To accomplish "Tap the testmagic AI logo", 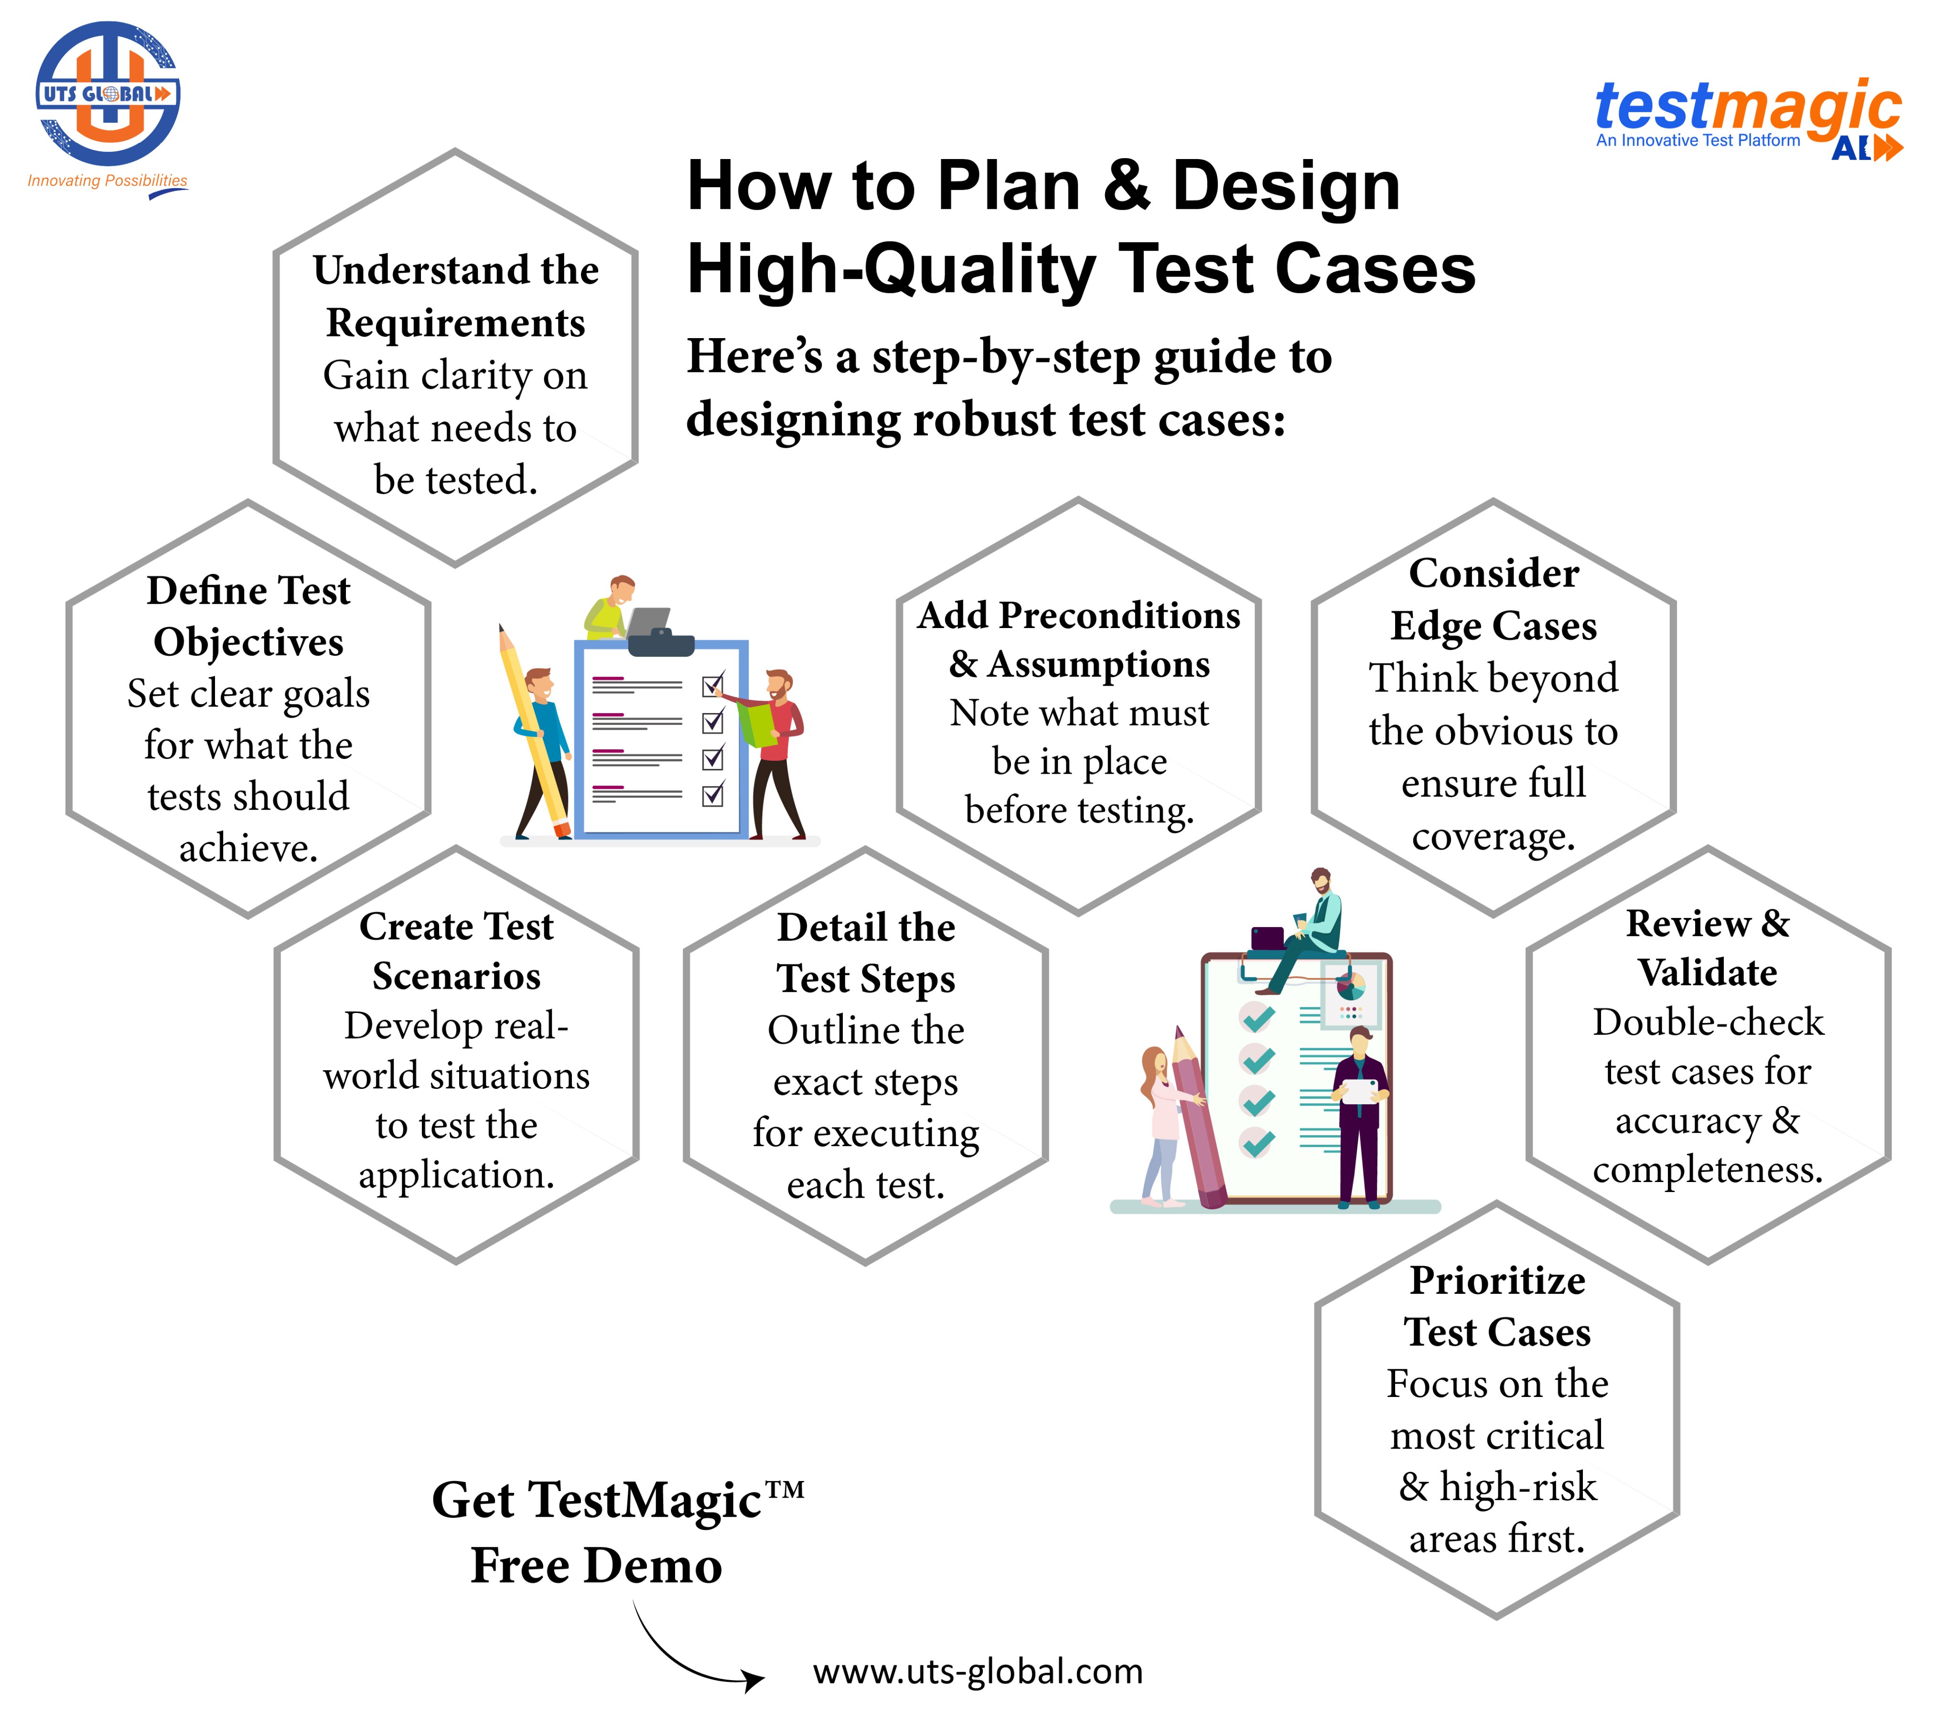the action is (1748, 120).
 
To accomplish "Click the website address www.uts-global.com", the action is (978, 1672).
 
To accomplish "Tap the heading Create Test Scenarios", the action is (457, 950).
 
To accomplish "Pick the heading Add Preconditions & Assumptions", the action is (1079, 639).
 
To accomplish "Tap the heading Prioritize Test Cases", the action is (1497, 1306).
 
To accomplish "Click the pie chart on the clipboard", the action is (1350, 983).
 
